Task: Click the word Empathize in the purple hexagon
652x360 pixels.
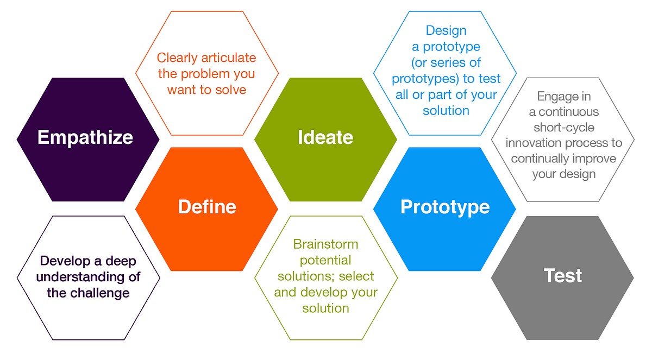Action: coord(85,137)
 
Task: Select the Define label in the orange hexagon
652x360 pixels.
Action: coord(207,207)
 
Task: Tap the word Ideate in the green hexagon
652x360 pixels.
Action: coord(325,137)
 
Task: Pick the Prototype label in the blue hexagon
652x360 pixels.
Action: coord(445,207)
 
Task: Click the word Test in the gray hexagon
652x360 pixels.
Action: coord(563,276)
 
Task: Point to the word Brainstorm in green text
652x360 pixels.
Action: coord(325,244)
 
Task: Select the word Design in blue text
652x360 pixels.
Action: coord(446,30)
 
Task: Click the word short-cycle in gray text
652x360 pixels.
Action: coord(563,128)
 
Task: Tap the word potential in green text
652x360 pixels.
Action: coord(325,260)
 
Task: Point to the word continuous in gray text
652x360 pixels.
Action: coord(568,112)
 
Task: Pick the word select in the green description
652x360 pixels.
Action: coord(357,276)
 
